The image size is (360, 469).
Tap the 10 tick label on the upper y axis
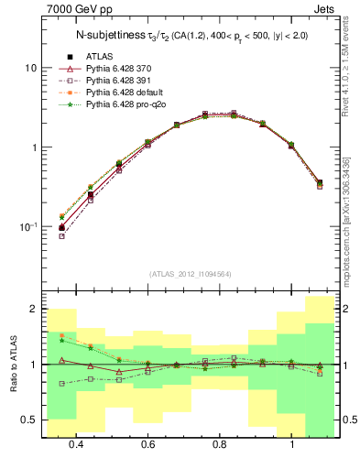[x=30, y=69]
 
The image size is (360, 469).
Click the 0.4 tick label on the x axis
[x=76, y=445]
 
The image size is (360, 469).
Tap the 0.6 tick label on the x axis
[x=148, y=445]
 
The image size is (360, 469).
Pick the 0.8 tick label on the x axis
[x=220, y=445]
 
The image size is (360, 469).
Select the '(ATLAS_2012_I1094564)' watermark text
[x=189, y=274]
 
